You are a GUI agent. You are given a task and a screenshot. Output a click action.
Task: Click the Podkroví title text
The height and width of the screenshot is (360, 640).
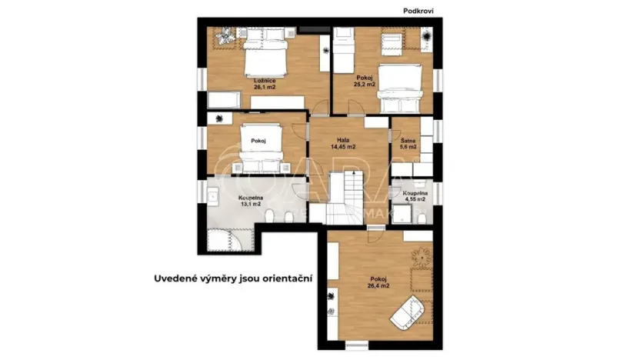(420, 11)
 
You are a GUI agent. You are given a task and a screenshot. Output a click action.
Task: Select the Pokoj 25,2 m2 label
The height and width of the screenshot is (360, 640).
(365, 81)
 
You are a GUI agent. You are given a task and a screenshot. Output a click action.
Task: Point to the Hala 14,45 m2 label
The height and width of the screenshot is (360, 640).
(342, 143)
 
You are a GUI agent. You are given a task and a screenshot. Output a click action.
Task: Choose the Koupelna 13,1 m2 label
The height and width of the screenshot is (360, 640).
(251, 202)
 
